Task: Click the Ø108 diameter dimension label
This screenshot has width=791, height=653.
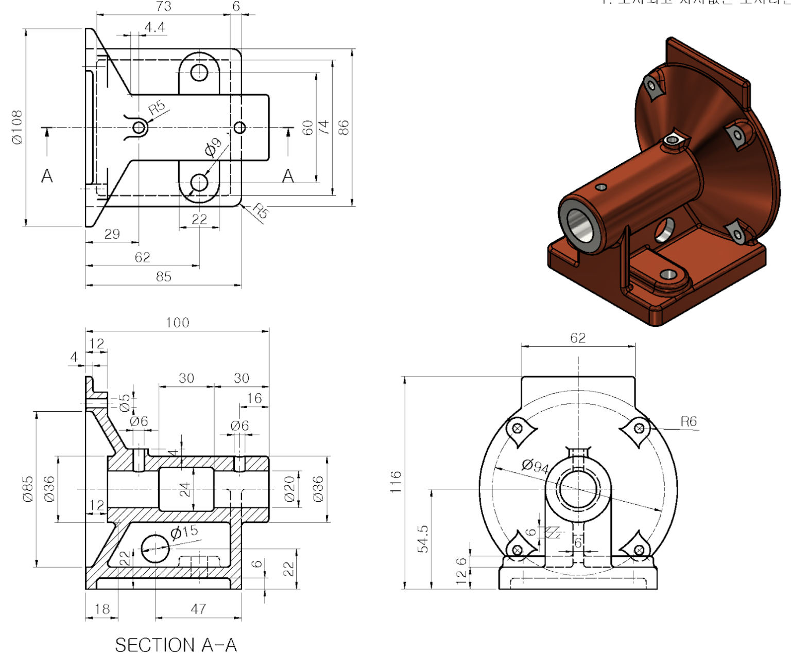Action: tap(17, 127)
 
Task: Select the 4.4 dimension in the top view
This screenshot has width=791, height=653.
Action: tap(154, 27)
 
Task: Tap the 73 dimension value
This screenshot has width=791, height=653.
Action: tap(163, 6)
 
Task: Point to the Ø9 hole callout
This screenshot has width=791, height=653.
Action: tap(213, 147)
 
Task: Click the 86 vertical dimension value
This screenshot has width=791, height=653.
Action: tap(343, 128)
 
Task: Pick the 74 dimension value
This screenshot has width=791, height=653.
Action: tap(323, 128)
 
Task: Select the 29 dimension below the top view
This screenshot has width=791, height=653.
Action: tap(112, 234)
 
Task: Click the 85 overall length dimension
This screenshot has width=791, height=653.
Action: tap(163, 277)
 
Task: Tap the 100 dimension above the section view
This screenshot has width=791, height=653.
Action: tap(177, 323)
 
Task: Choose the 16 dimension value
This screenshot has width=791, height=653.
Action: tap(254, 398)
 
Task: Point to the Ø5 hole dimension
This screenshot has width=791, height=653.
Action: tap(125, 403)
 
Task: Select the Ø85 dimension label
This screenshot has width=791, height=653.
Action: tap(28, 489)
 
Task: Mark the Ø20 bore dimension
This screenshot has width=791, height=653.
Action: tap(289, 489)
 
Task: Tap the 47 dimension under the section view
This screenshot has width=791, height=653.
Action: tap(198, 609)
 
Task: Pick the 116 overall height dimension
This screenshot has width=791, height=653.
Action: tap(395, 482)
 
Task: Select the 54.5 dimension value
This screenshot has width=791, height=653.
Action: tap(423, 539)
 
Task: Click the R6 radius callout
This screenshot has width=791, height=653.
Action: tap(689, 422)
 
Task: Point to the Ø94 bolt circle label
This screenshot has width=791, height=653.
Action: tap(535, 466)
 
